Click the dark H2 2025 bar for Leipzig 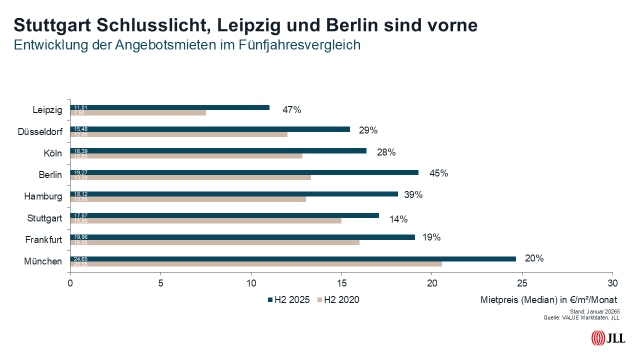click(170, 107)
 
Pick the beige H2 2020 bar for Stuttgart click(205, 220)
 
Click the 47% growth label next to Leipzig click(291, 110)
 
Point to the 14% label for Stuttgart click(398, 219)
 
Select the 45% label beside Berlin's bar click(438, 173)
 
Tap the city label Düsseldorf click(40, 131)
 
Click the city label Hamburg click(43, 196)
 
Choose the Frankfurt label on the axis click(43, 240)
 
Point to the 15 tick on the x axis click(341, 283)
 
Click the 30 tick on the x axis click(612, 283)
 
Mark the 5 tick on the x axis click(160, 283)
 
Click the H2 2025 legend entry click(289, 300)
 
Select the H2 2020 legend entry click(338, 300)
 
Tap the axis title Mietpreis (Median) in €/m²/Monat click(548, 300)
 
